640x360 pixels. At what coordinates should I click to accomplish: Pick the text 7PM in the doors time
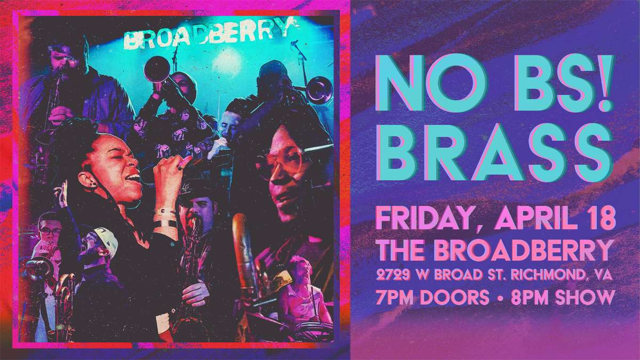[395, 297]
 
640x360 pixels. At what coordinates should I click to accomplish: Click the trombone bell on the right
[320, 90]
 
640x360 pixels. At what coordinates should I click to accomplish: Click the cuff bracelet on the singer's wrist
[165, 219]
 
